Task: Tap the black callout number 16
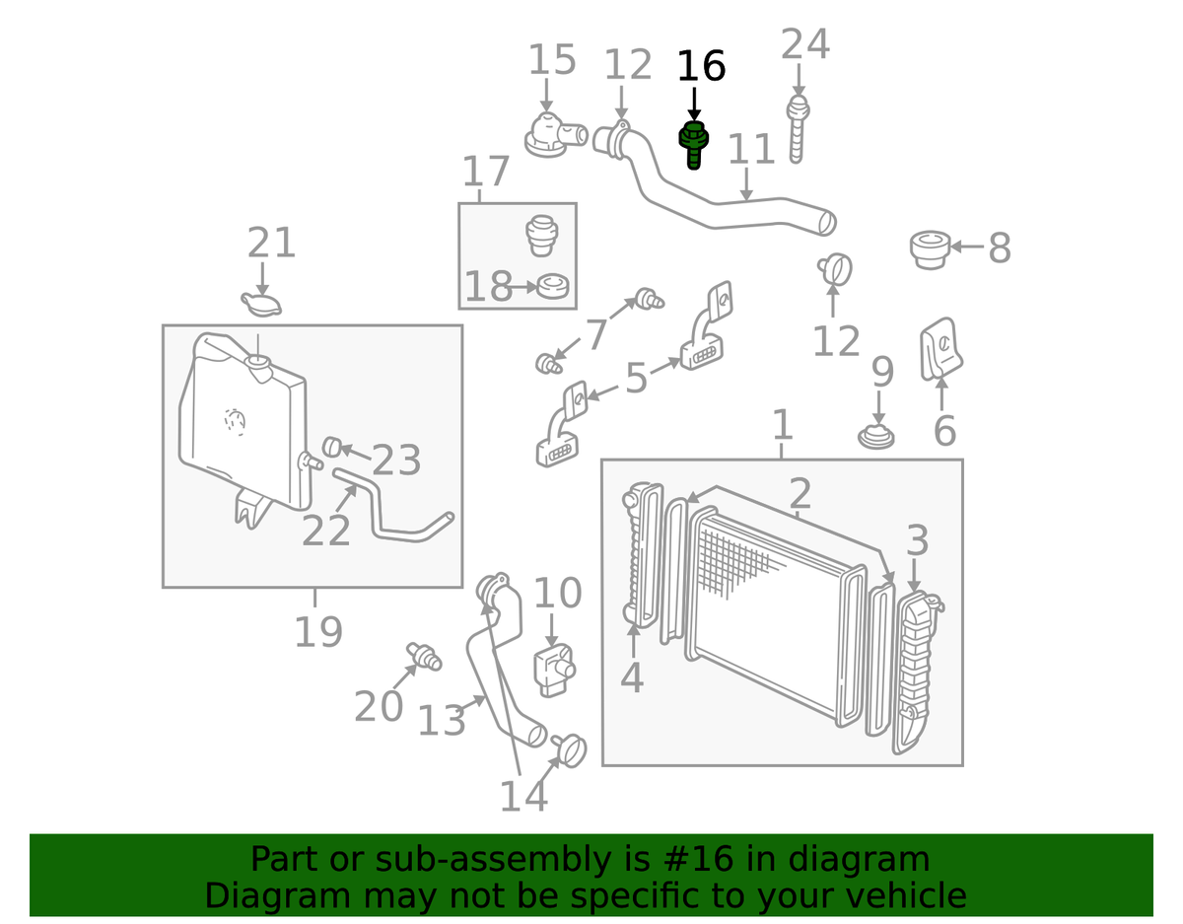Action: click(x=700, y=67)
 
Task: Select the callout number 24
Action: click(x=805, y=45)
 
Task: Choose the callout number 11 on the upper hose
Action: click(x=752, y=149)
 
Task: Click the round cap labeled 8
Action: click(x=929, y=249)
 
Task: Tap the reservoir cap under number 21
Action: click(x=261, y=304)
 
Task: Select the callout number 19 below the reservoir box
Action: click(x=317, y=631)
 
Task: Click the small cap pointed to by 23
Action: click(x=333, y=448)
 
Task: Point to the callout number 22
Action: click(x=326, y=530)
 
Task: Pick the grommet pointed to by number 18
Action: click(x=553, y=287)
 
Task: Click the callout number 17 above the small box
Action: click(x=486, y=172)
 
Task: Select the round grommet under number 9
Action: click(x=876, y=435)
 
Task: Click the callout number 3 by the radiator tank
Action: click(x=917, y=540)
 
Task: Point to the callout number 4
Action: click(x=632, y=677)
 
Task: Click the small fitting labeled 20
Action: click(x=425, y=655)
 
